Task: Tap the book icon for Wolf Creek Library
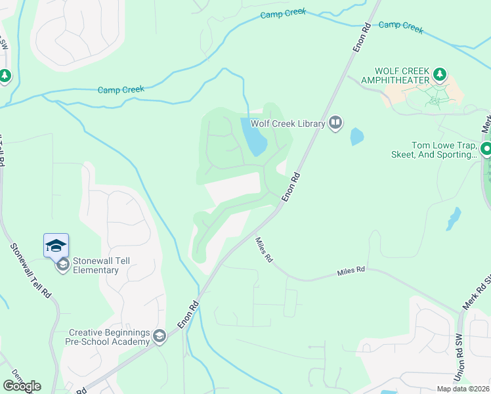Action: [335, 123]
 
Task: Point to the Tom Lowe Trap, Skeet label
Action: [444, 150]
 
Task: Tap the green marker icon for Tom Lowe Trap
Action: [486, 149]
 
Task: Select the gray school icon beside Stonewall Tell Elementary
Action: [63, 265]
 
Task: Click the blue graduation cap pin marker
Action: [56, 246]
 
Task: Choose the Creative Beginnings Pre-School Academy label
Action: [108, 337]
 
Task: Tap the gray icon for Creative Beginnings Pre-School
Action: [159, 337]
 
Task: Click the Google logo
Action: [22, 386]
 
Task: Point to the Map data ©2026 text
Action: [463, 389]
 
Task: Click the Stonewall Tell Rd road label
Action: [30, 271]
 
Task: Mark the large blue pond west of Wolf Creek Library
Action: [255, 137]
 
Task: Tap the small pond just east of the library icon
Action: [356, 137]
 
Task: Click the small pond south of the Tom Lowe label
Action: [453, 219]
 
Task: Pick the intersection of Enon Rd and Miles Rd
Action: [280, 208]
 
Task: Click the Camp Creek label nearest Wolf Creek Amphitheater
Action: [401, 26]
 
